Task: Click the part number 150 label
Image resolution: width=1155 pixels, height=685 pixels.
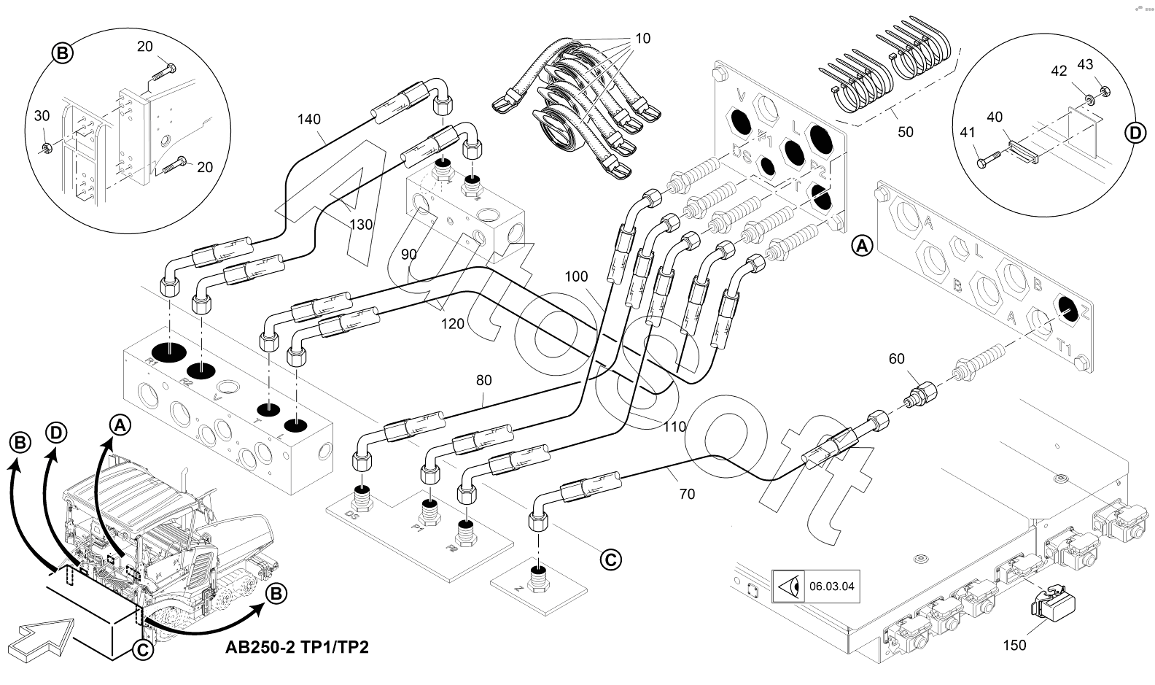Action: pyautogui.click(x=1014, y=645)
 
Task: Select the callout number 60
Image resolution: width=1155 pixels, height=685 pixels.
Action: pyautogui.click(x=897, y=358)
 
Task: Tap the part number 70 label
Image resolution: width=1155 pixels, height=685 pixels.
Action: pyautogui.click(x=686, y=494)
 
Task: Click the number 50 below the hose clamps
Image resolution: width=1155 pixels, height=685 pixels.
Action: pyautogui.click(x=905, y=132)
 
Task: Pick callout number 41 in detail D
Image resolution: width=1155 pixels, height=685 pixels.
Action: pyautogui.click(x=968, y=132)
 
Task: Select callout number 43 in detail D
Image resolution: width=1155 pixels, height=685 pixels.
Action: pyautogui.click(x=1085, y=64)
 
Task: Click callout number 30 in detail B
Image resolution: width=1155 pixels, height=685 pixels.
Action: pyautogui.click(x=42, y=116)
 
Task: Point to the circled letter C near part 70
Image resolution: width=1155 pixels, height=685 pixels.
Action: pyautogui.click(x=610, y=559)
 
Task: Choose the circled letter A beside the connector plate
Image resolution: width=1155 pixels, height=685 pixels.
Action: pyautogui.click(x=862, y=247)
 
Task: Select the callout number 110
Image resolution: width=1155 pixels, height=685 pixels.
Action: pyautogui.click(x=674, y=427)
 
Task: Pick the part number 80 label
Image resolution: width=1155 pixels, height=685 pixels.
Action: pyautogui.click(x=483, y=380)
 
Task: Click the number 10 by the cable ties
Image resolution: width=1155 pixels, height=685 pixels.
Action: pyautogui.click(x=642, y=38)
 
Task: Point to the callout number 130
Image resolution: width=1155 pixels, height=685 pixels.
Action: pyautogui.click(x=360, y=225)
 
